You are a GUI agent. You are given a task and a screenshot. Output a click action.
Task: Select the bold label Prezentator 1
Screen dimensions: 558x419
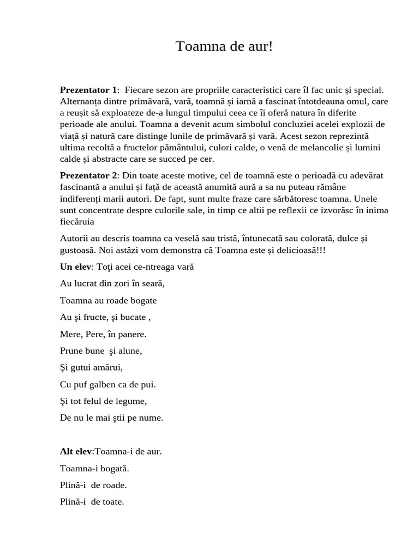click(x=88, y=90)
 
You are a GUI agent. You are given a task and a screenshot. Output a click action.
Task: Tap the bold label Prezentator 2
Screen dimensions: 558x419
click(x=88, y=175)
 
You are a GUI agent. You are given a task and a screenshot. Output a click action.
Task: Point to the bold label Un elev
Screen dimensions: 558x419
click(x=76, y=267)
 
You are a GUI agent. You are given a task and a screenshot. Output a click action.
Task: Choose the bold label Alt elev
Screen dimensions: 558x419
click(x=76, y=451)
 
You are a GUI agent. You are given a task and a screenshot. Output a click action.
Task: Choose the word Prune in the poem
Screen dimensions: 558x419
click(x=71, y=351)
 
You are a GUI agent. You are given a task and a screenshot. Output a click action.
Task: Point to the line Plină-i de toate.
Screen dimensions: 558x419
click(x=92, y=502)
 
